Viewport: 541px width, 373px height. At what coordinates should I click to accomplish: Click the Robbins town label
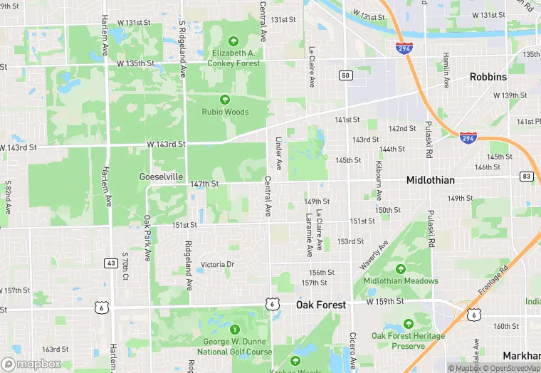(x=488, y=77)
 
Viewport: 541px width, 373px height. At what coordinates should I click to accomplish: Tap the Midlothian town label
(x=430, y=180)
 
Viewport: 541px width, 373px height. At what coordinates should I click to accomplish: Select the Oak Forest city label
(x=320, y=305)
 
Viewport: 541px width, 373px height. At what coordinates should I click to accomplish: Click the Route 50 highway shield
(x=345, y=75)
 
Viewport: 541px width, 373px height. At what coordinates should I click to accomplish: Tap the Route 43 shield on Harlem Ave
(x=110, y=263)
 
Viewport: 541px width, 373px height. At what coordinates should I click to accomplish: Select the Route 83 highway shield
(x=526, y=176)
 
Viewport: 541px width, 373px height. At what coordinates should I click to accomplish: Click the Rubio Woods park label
(x=225, y=112)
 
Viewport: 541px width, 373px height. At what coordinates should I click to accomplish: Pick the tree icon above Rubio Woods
(x=225, y=99)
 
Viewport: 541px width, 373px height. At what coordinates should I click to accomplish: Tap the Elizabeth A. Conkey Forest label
(x=235, y=57)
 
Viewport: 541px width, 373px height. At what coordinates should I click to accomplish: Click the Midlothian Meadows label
(x=401, y=280)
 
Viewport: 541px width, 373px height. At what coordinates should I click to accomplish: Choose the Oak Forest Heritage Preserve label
(x=408, y=340)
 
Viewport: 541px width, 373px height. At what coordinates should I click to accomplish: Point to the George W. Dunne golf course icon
(x=235, y=329)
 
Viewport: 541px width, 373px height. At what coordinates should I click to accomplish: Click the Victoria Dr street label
(x=217, y=265)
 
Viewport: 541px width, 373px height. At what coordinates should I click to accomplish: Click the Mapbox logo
(x=31, y=364)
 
